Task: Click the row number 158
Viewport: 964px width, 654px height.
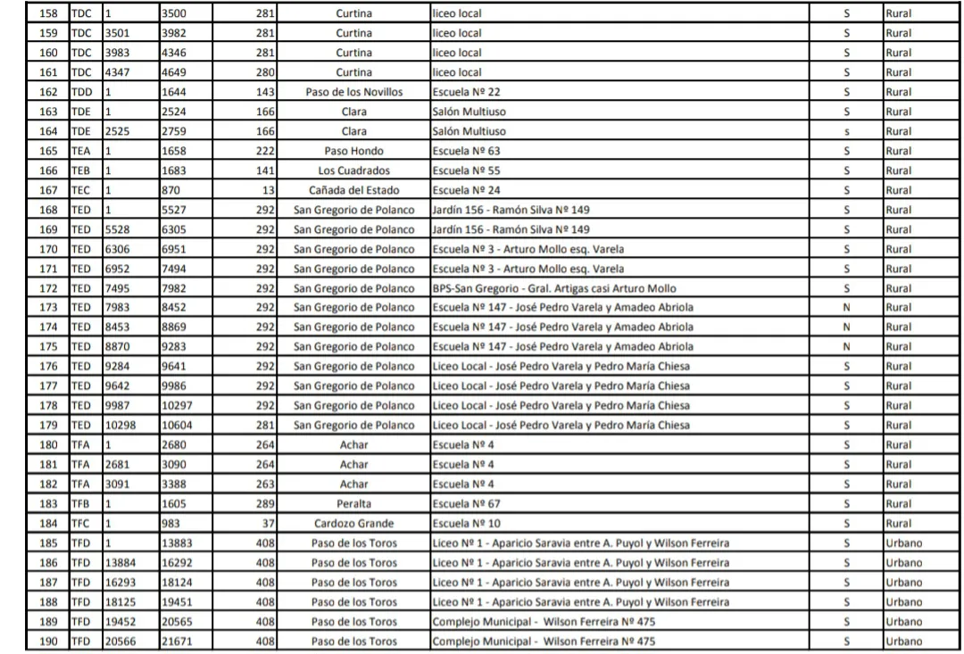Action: tap(49, 14)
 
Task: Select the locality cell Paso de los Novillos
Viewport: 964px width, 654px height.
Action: tap(354, 93)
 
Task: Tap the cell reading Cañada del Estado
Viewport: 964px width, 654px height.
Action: tap(354, 190)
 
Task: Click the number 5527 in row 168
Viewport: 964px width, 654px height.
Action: tap(174, 210)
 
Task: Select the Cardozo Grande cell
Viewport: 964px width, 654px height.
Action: tap(354, 523)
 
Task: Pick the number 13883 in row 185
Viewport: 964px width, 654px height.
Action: tap(178, 542)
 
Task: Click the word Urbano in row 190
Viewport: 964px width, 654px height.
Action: tap(904, 641)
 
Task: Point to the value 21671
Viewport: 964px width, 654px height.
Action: tap(178, 641)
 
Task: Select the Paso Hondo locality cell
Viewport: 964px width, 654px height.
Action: tap(354, 151)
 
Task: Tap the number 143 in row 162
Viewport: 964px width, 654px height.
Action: tap(264, 93)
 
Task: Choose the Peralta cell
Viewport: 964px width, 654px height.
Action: tap(354, 503)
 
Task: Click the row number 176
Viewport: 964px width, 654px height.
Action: tap(49, 367)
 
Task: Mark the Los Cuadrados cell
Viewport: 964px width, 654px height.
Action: tap(354, 170)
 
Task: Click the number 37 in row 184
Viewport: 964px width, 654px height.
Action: tap(268, 523)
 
